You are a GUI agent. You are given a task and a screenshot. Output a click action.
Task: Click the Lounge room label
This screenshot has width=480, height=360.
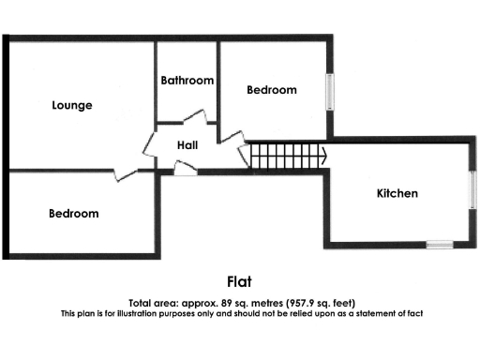point(71,105)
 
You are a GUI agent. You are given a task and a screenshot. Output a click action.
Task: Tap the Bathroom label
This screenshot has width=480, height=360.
point(187,81)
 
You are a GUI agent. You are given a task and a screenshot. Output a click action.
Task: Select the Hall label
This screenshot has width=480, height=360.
point(187,144)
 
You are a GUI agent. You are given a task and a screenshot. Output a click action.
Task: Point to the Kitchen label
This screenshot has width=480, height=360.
point(397,193)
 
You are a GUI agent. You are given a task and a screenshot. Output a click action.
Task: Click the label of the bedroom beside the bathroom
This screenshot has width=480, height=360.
point(271,90)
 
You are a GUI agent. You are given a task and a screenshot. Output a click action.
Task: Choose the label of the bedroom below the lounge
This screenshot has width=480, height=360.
point(73,213)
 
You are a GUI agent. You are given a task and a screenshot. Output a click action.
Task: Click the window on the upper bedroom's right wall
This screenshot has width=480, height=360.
point(330,91)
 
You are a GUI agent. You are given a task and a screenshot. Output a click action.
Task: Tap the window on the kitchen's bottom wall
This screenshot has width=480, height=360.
point(439,245)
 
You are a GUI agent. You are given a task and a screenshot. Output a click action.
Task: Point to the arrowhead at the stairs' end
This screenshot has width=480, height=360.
point(323,156)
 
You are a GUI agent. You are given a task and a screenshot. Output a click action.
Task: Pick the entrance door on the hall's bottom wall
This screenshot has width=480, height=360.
point(187,169)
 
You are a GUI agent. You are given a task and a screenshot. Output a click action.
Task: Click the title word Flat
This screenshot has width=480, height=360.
point(240,280)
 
